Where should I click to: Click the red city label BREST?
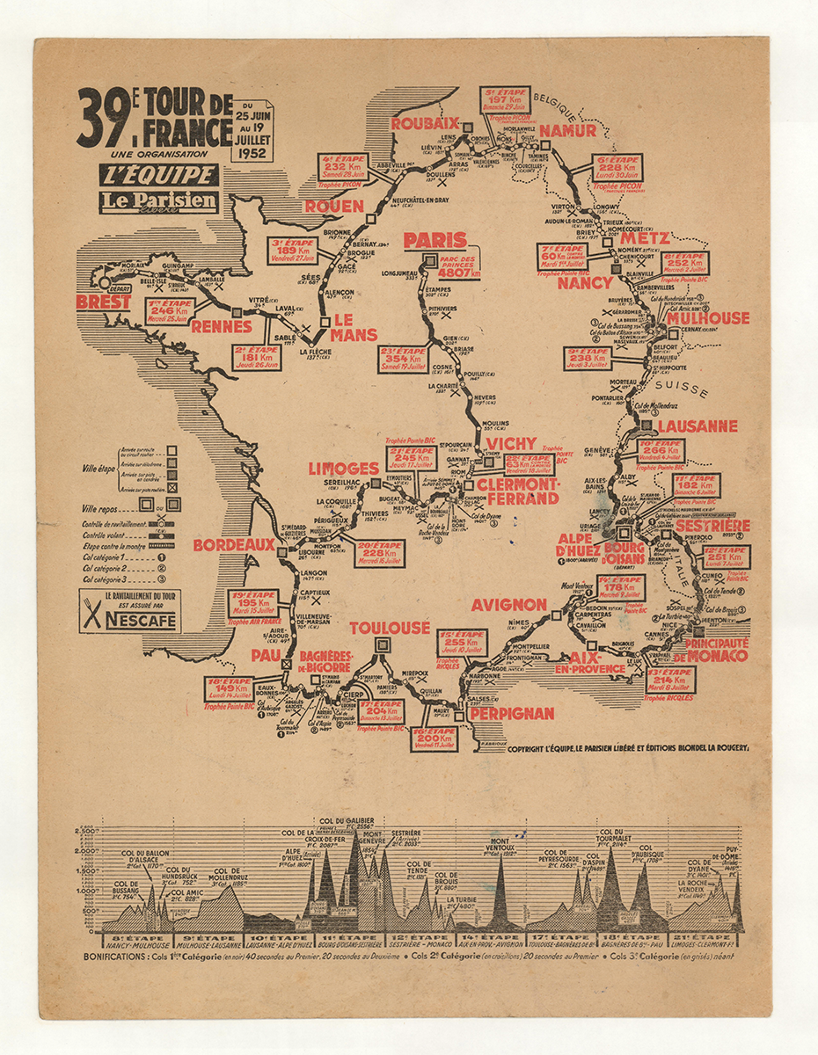(104, 302)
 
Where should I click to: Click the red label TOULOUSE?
(390, 628)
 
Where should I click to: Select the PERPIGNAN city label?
(512, 714)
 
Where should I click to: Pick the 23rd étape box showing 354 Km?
(404, 358)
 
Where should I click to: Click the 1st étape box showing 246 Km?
(172, 309)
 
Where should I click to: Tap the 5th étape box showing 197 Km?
(505, 103)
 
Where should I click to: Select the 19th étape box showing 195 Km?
(253, 603)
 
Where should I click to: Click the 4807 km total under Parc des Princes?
(464, 273)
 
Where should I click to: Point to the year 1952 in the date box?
(252, 151)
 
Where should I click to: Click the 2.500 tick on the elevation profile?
(88, 831)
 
